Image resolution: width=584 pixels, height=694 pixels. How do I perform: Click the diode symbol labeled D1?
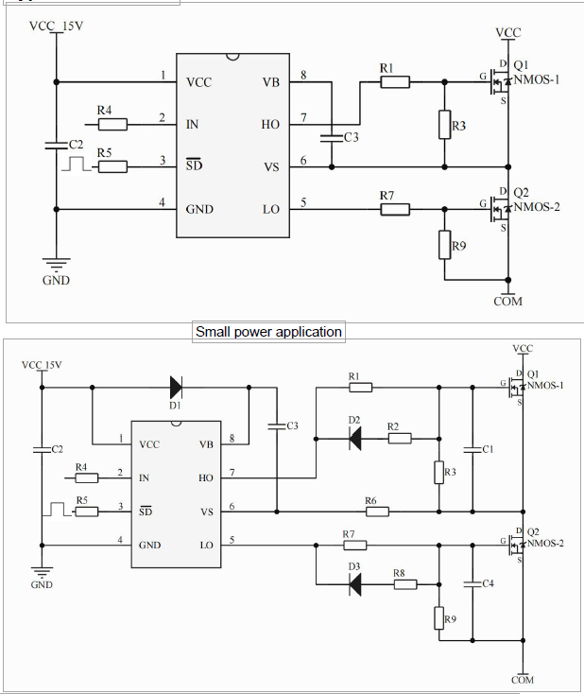click(176, 386)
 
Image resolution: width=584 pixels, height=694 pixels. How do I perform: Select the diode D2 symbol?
click(353, 438)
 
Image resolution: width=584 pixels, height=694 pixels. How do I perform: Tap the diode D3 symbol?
click(354, 584)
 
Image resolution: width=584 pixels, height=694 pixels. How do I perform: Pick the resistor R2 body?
click(399, 438)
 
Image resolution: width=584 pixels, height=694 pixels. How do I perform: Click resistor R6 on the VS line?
click(376, 512)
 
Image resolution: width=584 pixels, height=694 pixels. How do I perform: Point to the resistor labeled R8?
click(405, 584)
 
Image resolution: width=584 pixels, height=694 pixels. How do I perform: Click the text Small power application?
click(268, 332)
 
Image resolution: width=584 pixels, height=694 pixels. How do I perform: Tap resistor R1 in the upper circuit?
click(395, 82)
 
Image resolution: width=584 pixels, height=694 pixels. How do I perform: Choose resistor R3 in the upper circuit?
click(444, 125)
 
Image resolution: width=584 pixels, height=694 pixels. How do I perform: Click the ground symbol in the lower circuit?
click(42, 570)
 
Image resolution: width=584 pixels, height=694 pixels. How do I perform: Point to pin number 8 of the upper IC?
click(303, 76)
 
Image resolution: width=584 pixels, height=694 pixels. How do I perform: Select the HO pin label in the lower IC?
click(206, 477)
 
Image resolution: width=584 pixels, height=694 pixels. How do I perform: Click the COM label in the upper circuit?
click(508, 302)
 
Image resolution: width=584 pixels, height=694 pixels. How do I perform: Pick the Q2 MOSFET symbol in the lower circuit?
click(515, 545)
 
